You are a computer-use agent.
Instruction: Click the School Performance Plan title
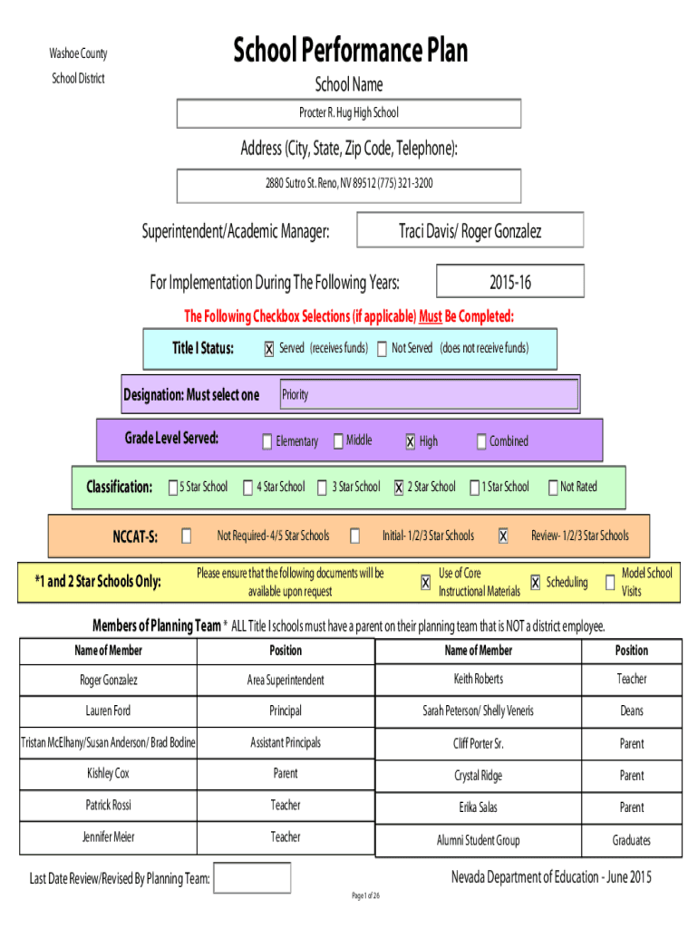coord(350,50)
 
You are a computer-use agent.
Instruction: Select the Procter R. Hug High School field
coord(349,113)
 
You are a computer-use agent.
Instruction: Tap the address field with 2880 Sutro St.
coord(349,186)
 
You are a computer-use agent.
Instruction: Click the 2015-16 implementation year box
coord(510,281)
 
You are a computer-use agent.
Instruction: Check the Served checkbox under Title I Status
coord(269,349)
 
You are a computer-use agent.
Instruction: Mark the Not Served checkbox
coord(382,349)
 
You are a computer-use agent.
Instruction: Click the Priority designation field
coord(429,394)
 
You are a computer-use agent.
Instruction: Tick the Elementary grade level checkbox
coord(267,441)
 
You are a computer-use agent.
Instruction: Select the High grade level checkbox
coord(411,441)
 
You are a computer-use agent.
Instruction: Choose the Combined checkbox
coord(481,441)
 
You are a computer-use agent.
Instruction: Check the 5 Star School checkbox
coord(173,487)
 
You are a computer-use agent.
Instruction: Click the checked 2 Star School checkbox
coord(399,487)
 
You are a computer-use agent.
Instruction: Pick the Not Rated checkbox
coord(553,487)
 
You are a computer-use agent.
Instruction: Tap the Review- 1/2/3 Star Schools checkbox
coord(503,536)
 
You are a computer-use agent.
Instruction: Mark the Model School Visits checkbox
coord(610,583)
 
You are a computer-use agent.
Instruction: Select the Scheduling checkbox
coord(535,583)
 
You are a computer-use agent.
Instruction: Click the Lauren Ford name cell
coord(109,710)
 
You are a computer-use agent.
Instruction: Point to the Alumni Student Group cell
coord(479,840)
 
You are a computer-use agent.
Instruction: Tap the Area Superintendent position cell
coord(286,680)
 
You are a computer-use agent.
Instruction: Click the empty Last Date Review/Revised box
coord(252,877)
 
